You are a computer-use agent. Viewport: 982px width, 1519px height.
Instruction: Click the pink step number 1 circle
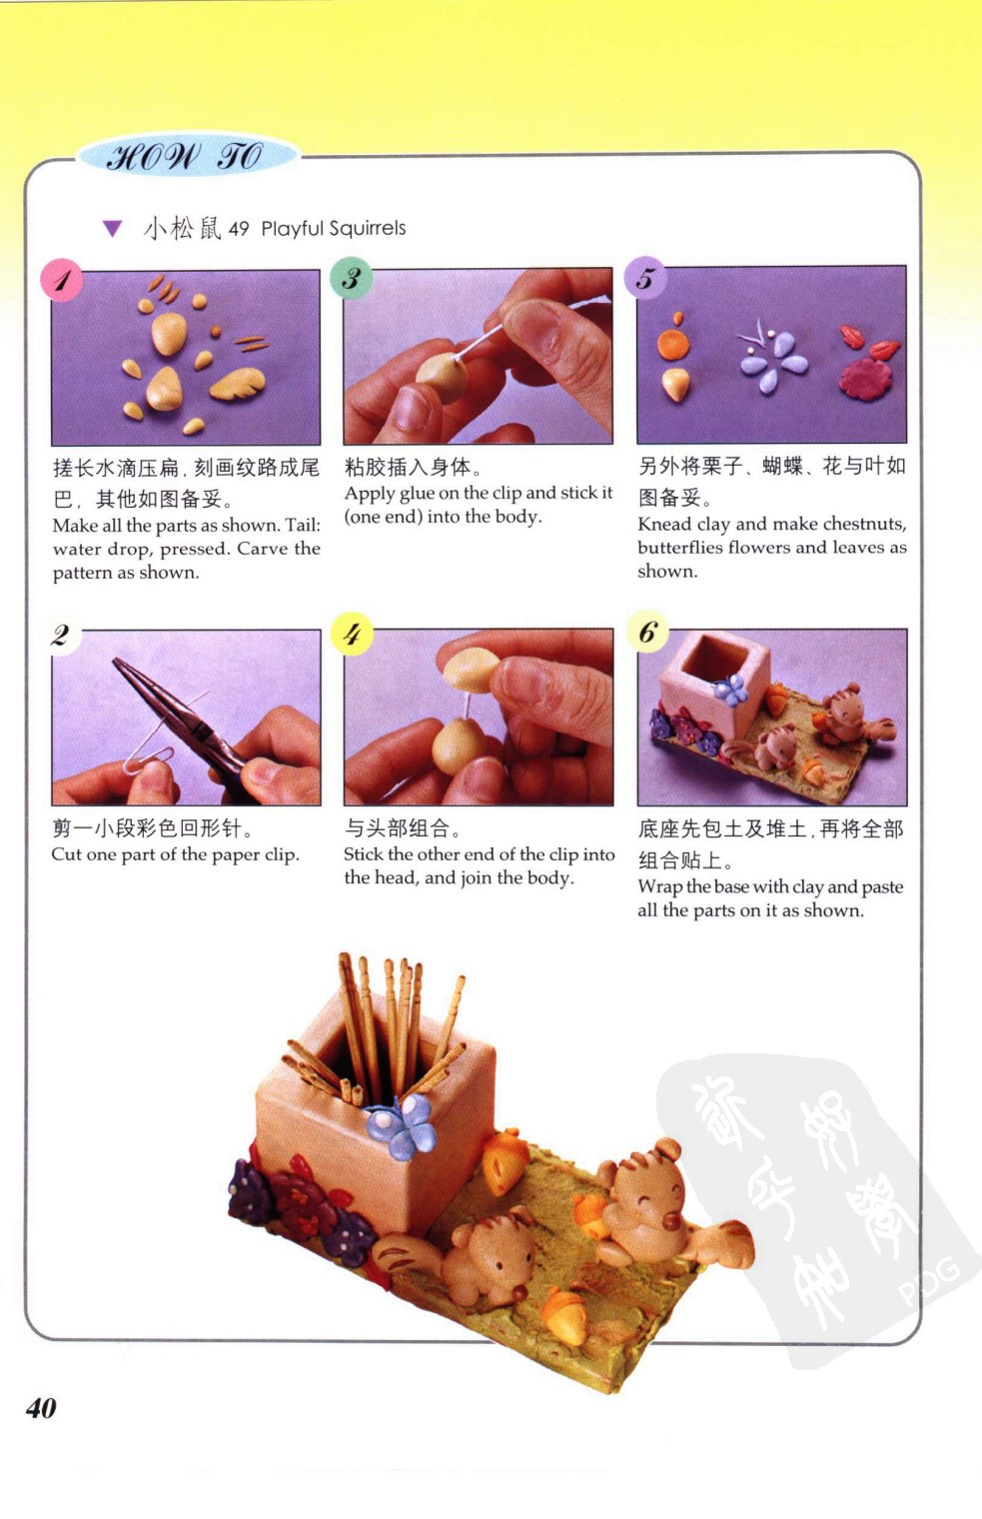62,280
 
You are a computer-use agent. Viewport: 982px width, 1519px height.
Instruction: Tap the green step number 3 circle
351,278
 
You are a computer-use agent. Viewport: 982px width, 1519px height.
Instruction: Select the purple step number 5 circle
645,278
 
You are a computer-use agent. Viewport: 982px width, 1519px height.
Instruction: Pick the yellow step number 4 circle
352,634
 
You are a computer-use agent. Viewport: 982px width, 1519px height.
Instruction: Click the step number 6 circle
647,632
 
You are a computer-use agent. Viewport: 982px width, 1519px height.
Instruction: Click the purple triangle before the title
113,229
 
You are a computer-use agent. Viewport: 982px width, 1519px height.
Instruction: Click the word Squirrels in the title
370,229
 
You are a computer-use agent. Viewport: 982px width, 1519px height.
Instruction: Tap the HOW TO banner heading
185,157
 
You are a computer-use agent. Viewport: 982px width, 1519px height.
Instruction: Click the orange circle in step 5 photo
673,344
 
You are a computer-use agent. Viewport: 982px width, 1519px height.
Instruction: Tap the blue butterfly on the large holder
401,1125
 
